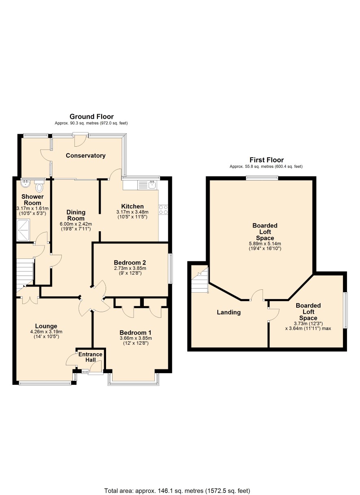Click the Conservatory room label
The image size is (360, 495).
click(85, 156)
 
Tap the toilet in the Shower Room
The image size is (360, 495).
click(39, 186)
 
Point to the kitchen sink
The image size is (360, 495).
click(147, 185)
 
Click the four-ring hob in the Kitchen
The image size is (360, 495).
click(163, 210)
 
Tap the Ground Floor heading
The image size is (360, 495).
click(91, 117)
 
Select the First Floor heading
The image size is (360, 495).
click(267, 160)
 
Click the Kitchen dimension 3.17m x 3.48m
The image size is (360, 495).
click(132, 212)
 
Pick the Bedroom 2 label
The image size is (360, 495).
click(130, 263)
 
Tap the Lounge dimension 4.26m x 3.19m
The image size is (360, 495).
click(46, 332)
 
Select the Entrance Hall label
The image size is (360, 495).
click(90, 357)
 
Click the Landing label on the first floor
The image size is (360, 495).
click(229, 312)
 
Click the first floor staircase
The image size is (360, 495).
click(200, 280)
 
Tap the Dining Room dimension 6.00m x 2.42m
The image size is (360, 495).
click(76, 224)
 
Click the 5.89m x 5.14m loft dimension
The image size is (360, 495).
click(265, 244)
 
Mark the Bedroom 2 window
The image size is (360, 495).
click(171, 269)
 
